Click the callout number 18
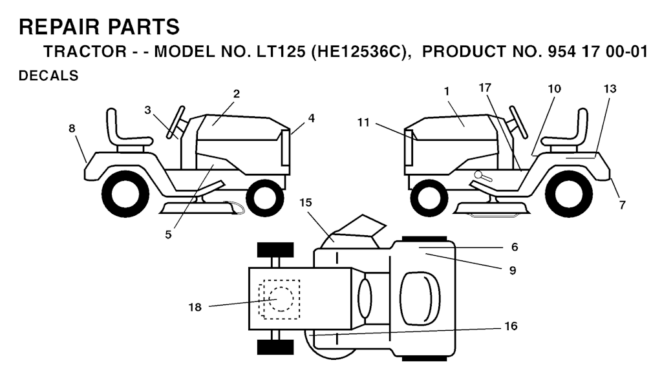[195, 308]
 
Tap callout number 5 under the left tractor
[169, 235]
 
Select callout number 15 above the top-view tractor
[306, 203]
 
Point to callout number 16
[511, 326]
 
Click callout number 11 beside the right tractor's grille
[363, 122]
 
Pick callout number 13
[610, 89]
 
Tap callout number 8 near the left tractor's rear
[72, 128]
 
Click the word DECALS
[48, 76]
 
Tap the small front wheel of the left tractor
[265, 198]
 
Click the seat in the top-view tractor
[420, 298]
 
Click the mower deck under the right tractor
[492, 209]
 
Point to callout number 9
[513, 271]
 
